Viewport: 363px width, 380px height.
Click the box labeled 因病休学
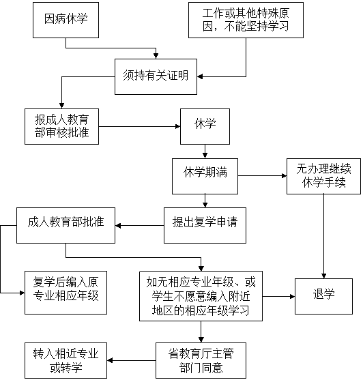click(x=66, y=20)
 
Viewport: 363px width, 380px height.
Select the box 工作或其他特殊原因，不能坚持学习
click(x=246, y=20)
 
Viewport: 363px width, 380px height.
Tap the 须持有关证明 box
click(x=156, y=76)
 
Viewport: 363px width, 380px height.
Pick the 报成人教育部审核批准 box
click(x=61, y=126)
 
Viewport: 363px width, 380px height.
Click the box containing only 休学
click(x=205, y=126)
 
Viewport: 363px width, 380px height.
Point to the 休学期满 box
click(x=205, y=176)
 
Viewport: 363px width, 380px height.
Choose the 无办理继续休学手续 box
click(x=323, y=176)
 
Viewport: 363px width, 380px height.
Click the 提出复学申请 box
click(x=205, y=225)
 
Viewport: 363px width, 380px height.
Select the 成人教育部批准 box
click(x=66, y=225)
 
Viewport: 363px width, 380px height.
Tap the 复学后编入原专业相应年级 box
click(x=66, y=293)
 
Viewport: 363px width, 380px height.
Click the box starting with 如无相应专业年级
click(x=201, y=296)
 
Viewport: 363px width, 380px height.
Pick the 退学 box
click(x=323, y=296)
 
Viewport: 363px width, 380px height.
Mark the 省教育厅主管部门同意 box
click(x=201, y=360)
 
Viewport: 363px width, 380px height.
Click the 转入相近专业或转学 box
click(x=66, y=360)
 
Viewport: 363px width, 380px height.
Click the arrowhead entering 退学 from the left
click(x=292, y=296)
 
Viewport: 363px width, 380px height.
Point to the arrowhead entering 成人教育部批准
click(x=118, y=225)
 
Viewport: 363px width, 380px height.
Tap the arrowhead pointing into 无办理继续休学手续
click(x=285, y=176)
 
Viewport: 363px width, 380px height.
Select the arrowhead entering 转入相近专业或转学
click(x=110, y=360)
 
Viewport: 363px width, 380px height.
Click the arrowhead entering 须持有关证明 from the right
click(x=200, y=76)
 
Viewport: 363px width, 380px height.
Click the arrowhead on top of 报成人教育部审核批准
click(x=61, y=106)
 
